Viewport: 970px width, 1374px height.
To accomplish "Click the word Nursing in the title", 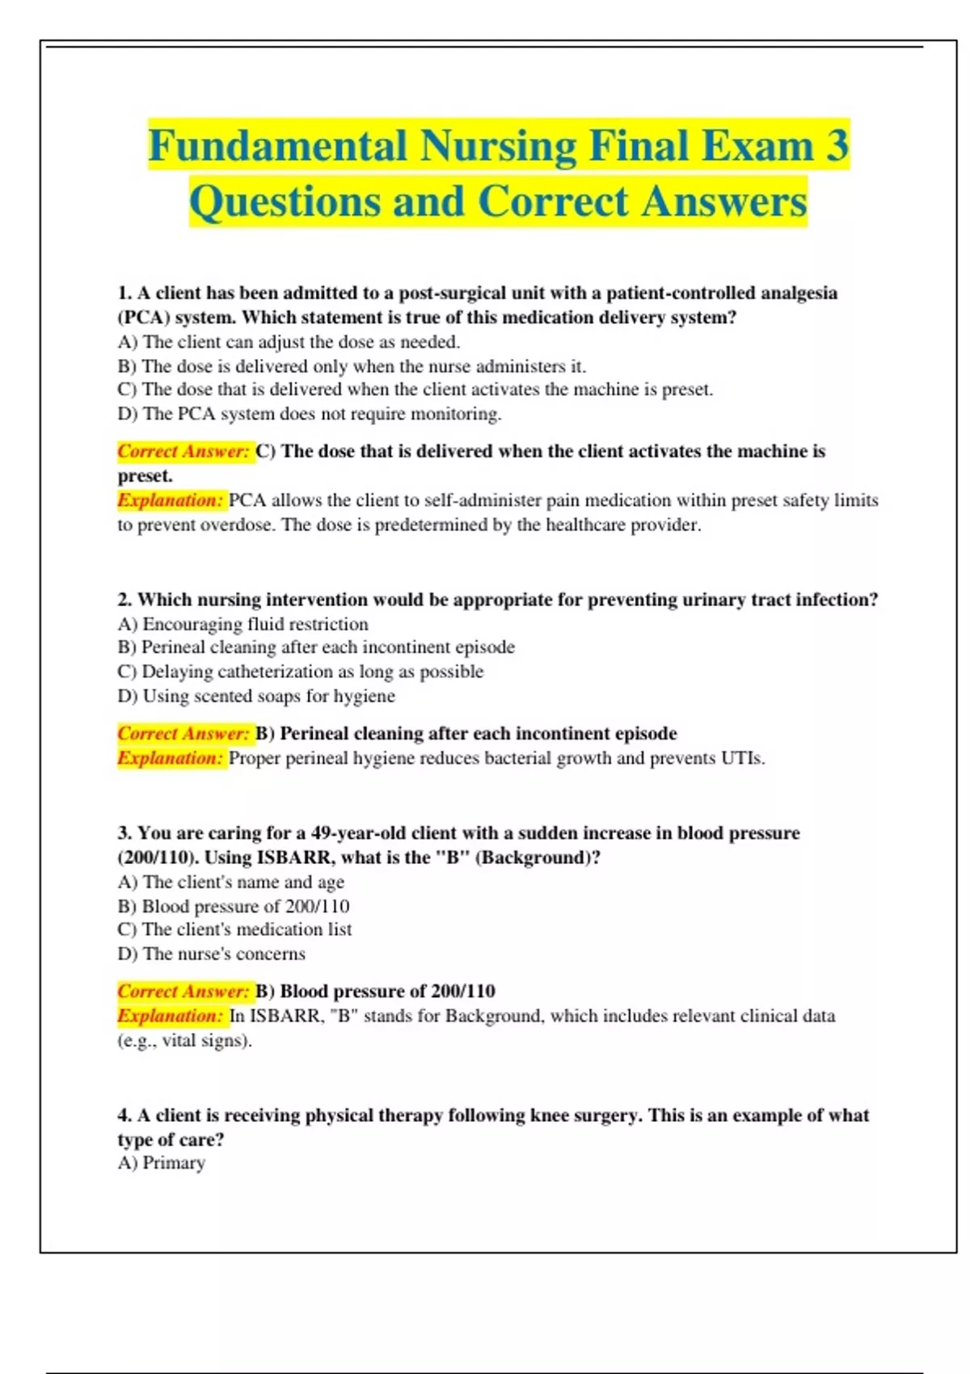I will [x=496, y=146].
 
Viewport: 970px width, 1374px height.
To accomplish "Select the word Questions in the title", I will [x=285, y=202].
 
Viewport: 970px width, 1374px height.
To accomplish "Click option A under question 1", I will [x=289, y=342].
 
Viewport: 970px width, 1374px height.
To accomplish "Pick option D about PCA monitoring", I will [x=310, y=414].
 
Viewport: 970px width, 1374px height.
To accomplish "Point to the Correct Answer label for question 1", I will [x=183, y=451].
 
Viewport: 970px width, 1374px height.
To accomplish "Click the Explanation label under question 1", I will [x=170, y=500].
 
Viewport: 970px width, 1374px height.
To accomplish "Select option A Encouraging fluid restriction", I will [x=242, y=624].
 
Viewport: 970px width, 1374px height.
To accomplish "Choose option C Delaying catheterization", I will [x=300, y=672].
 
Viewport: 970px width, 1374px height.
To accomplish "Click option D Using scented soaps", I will [x=256, y=696].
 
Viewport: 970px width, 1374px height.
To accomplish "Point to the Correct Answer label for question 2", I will [x=183, y=733].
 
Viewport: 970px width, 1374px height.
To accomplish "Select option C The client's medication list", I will [x=234, y=929].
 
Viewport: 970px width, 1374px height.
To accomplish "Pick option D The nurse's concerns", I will [x=211, y=954].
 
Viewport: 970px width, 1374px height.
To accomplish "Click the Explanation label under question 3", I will [x=170, y=1016].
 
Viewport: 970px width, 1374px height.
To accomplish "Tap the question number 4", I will [x=124, y=1115].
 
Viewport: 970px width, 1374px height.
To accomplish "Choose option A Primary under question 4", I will [x=161, y=1163].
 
